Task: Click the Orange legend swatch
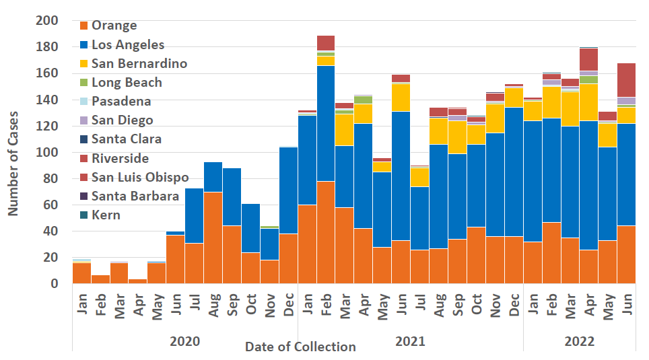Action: click(x=84, y=26)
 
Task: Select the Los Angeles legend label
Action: click(x=128, y=45)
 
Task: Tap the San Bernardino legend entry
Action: click(x=139, y=64)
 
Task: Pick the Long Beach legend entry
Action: click(x=127, y=83)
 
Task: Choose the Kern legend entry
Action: click(x=106, y=215)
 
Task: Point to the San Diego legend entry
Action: click(x=123, y=120)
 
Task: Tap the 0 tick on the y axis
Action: click(x=55, y=284)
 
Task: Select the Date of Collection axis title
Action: click(x=300, y=347)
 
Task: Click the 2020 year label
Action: click(x=184, y=341)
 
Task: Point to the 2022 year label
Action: click(x=580, y=341)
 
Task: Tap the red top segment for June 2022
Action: click(x=626, y=80)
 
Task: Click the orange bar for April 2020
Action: click(x=137, y=281)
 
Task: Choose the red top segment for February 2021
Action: click(x=326, y=43)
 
